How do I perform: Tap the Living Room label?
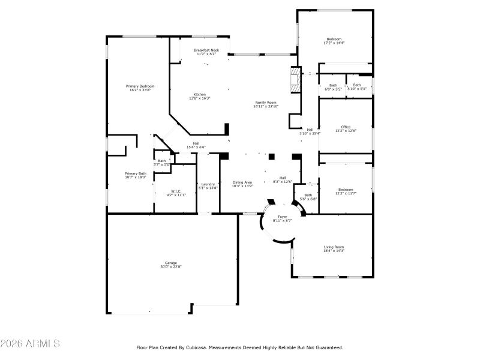(334, 247)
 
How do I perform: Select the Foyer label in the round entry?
(282, 217)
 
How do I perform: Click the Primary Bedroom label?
(138, 86)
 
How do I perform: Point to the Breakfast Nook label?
(206, 50)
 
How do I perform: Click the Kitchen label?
(200, 94)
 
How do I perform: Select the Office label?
(346, 127)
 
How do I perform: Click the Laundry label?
(208, 184)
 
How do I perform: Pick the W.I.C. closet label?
(176, 191)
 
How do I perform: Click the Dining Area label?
(242, 182)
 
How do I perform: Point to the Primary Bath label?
(136, 173)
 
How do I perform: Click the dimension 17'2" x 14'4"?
(334, 43)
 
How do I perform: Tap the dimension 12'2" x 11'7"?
(346, 193)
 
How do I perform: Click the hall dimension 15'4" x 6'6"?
(196, 147)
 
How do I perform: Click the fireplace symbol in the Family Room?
(294, 80)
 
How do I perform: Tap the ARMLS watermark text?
(30, 344)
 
